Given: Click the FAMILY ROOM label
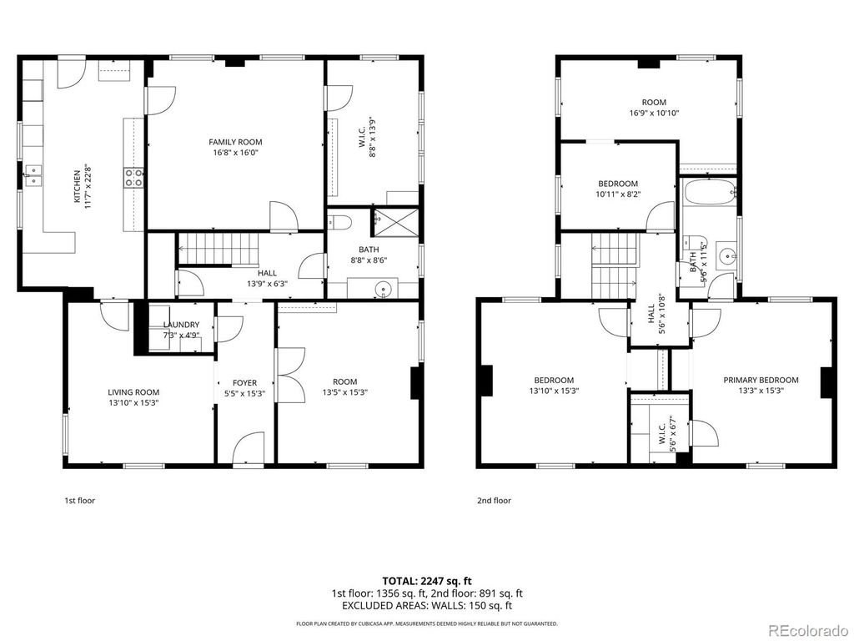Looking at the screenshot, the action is click(235, 142).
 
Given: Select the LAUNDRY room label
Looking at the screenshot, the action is click(181, 325).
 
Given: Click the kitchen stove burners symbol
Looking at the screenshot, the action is click(134, 176).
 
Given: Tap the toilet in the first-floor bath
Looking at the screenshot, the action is click(337, 222).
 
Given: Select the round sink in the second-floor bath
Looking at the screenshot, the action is click(725, 257).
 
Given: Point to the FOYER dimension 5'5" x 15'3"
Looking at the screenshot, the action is click(244, 393).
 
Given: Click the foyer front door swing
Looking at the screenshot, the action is click(249, 449).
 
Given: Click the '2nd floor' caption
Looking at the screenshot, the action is click(494, 501).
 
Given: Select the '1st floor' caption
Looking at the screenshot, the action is click(80, 501).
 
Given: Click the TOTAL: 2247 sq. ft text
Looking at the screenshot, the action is click(427, 580).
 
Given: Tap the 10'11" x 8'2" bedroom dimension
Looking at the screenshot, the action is click(617, 194).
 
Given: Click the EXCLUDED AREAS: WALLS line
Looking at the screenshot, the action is click(427, 605).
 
